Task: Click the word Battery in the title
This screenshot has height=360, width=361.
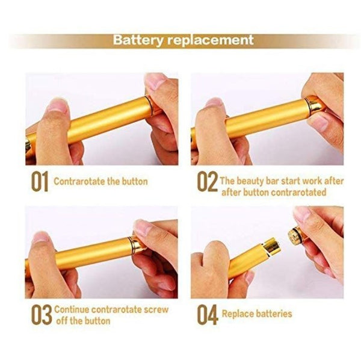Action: click(x=138, y=40)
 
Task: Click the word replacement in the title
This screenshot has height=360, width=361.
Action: click(x=210, y=40)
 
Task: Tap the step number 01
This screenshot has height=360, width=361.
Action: click(x=40, y=181)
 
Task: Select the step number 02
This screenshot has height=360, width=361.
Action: click(x=207, y=181)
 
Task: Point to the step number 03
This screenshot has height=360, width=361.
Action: click(x=42, y=314)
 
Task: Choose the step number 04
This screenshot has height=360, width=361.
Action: click(x=208, y=315)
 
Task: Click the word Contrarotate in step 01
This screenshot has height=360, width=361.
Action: click(x=79, y=181)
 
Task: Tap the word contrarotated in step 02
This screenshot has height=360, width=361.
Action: click(x=298, y=192)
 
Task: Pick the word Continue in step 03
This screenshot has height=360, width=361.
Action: click(x=72, y=309)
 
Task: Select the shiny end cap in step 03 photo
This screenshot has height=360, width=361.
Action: click(x=137, y=245)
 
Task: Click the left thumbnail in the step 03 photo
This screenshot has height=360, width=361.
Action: click(x=40, y=237)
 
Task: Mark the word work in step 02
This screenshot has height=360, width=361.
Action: click(x=312, y=181)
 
